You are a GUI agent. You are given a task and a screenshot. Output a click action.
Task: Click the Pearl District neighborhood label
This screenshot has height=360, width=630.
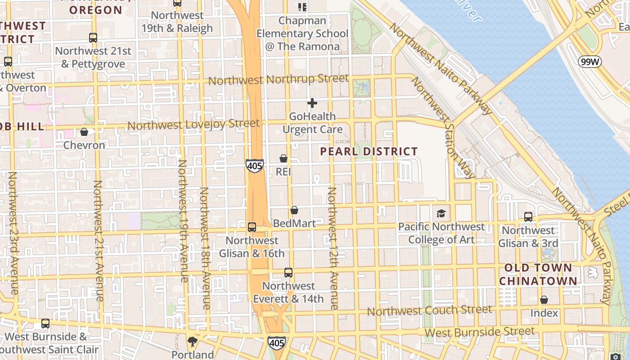point(369,152)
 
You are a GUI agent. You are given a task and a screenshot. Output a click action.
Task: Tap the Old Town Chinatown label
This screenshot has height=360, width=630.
point(538,274)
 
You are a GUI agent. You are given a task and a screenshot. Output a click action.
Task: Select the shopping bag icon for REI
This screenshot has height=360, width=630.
point(283,158)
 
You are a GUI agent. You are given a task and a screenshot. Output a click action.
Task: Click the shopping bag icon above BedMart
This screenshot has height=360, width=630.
point(294,210)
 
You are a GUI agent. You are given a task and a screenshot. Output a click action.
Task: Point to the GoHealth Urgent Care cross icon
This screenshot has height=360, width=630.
point(312,103)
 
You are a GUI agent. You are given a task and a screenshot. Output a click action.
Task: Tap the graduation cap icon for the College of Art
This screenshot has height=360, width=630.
point(441,214)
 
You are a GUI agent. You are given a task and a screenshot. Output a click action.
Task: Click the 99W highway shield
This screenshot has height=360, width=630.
point(590,62)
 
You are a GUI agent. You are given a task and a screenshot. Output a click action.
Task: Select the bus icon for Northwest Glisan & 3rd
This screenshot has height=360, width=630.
point(528,217)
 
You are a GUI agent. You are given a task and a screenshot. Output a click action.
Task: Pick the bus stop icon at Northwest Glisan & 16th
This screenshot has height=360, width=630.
point(252,227)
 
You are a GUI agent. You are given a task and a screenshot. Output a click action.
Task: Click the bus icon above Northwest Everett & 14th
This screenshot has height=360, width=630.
point(288,273)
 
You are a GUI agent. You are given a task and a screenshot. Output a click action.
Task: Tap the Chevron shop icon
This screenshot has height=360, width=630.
point(84,132)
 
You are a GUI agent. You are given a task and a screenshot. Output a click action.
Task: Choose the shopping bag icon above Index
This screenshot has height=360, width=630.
point(544,300)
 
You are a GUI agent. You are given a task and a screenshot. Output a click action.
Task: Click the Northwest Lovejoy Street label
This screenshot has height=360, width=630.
point(193,124)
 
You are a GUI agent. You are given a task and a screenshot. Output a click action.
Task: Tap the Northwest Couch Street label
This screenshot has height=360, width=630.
point(429,310)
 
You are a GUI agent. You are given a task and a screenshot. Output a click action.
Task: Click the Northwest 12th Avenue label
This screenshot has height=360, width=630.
point(332,248)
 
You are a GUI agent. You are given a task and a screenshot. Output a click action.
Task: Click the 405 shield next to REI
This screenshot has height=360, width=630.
point(254,166)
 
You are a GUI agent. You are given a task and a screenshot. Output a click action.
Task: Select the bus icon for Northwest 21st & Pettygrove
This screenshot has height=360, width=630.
point(93,38)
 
